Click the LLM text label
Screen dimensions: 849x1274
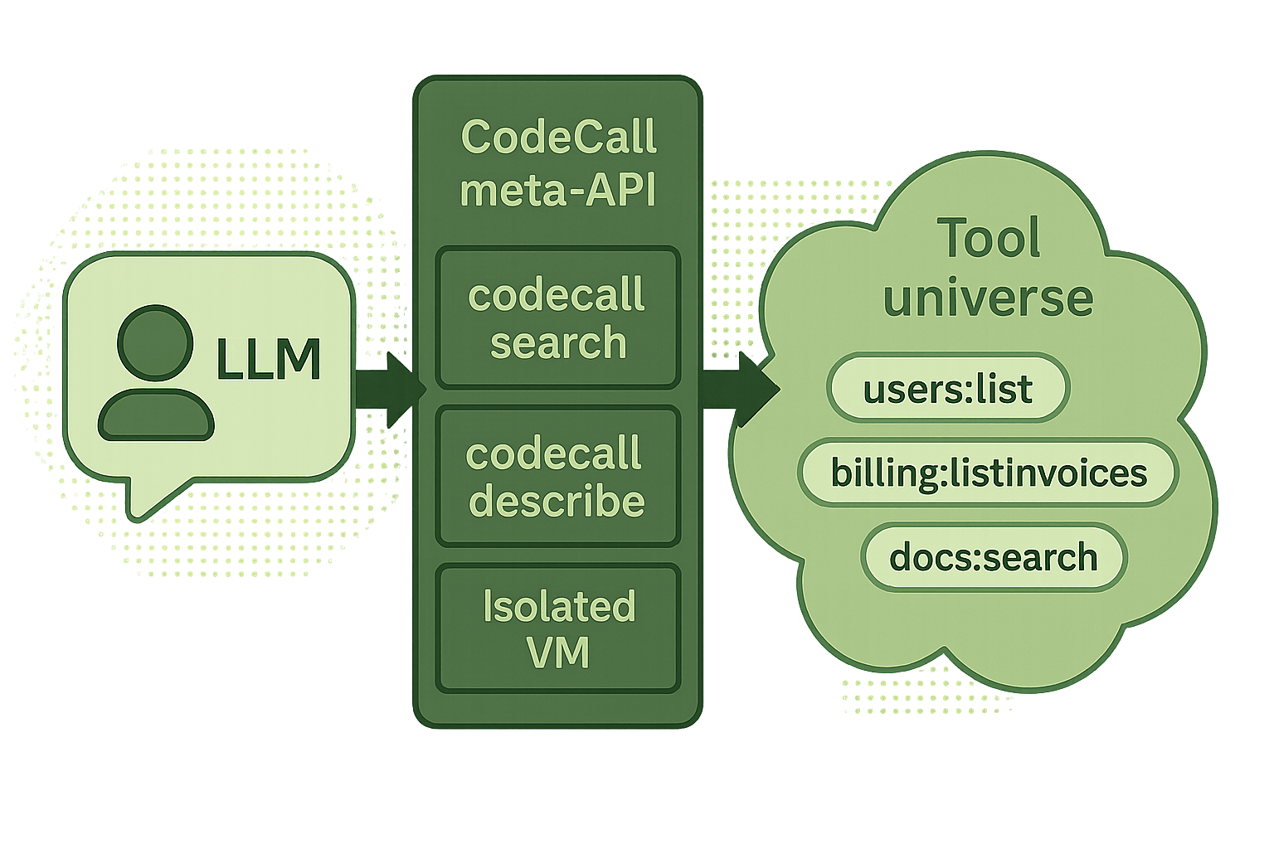268,360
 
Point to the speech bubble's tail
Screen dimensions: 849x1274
149,497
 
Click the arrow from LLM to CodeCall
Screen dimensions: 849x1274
388,388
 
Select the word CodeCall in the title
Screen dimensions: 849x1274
558,138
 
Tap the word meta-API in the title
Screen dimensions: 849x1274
558,191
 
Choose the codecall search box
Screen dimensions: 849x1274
558,318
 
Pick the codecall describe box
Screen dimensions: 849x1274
558,476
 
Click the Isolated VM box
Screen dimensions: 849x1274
558,628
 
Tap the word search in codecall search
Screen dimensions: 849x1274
558,342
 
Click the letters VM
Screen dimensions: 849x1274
558,653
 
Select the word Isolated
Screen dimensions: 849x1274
559,606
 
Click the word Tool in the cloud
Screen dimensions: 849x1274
988,239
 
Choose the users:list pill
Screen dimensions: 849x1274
948,389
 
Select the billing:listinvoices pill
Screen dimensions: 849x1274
988,473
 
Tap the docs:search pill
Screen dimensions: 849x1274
993,556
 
